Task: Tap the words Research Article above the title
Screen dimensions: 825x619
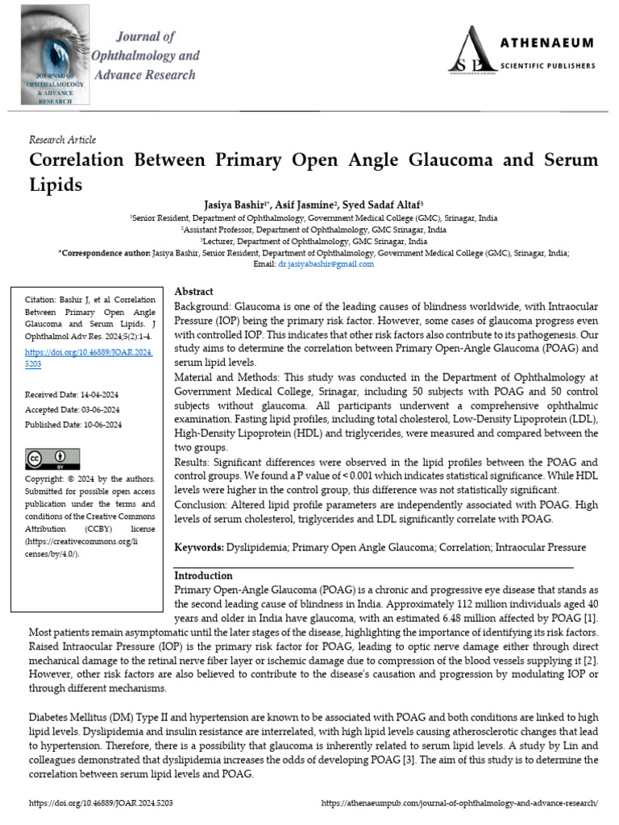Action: [62, 139]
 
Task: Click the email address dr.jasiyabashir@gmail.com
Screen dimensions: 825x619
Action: [326, 263]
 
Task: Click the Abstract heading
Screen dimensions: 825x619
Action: [194, 292]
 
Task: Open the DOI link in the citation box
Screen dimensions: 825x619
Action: [89, 358]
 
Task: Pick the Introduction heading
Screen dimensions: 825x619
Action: [204, 576]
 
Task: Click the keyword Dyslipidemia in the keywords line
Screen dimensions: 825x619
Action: [255, 548]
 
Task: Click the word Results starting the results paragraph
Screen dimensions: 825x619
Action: [193, 462]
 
